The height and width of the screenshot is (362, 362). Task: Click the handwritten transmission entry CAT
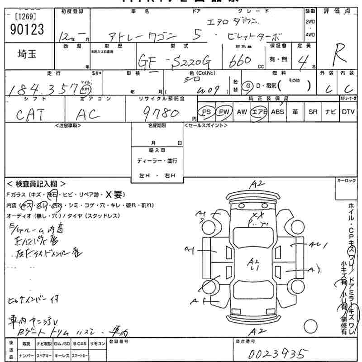31,115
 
